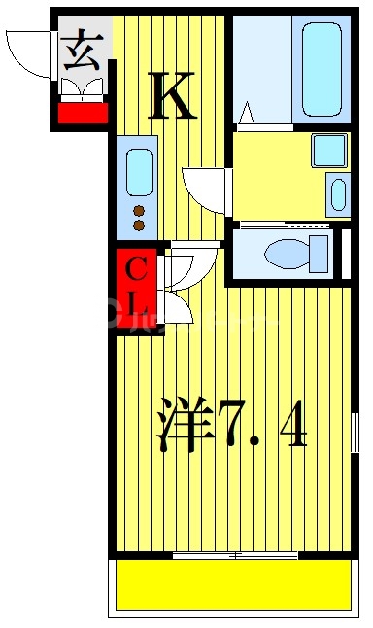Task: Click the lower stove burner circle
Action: [x=138, y=226]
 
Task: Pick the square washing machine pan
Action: [x=328, y=150]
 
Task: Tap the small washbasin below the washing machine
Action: [x=338, y=194]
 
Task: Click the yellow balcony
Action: [x=233, y=585]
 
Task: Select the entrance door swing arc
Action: [x=27, y=53]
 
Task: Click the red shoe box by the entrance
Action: [x=83, y=113]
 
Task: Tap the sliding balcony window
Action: [x=234, y=556]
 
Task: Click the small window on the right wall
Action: [x=355, y=432]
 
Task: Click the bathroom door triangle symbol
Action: [x=247, y=115]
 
